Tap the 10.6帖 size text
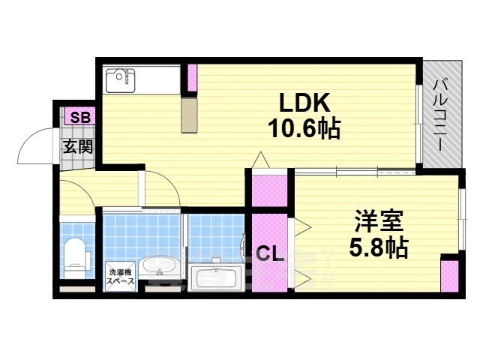tap(304, 130)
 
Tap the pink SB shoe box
tap(77, 117)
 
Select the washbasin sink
tap(157, 267)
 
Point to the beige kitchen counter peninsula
tap(190, 114)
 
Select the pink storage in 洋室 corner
tap(449, 277)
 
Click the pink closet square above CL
tap(269, 191)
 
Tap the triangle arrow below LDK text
tap(260, 160)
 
